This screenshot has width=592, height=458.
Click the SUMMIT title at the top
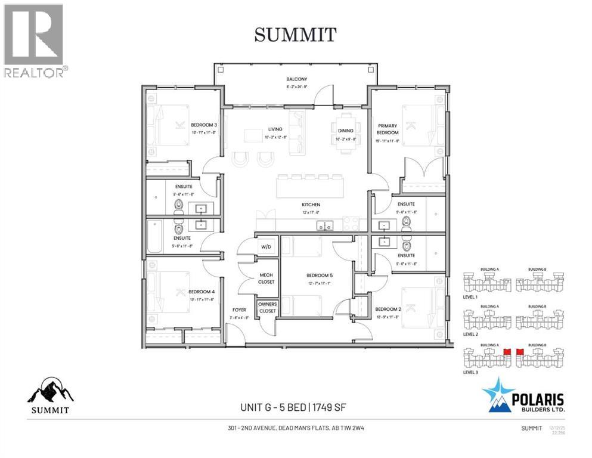click(x=296, y=35)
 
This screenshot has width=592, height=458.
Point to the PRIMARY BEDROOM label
click(x=388, y=129)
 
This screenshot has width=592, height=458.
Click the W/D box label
click(x=265, y=247)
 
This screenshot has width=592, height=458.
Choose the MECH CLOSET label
click(x=266, y=278)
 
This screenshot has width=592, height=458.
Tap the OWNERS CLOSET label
click(x=267, y=308)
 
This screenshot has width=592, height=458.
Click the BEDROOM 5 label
click(x=318, y=275)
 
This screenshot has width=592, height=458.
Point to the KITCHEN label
click(x=311, y=205)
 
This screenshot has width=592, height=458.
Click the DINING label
click(x=345, y=131)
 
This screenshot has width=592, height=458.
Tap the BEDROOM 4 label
click(x=201, y=292)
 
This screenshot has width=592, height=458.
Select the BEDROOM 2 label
click(x=387, y=309)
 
